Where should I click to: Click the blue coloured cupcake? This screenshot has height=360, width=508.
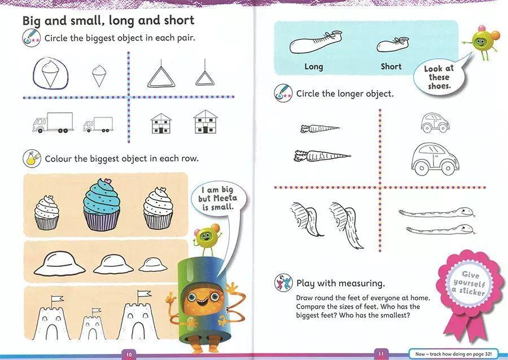(102, 204)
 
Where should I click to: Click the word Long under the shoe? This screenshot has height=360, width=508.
(314, 67)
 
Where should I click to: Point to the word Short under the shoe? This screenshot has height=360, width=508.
(391, 67)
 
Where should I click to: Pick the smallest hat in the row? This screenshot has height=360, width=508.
(153, 265)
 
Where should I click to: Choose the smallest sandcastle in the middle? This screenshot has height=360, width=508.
(93, 324)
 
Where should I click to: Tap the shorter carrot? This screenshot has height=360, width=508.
(319, 129)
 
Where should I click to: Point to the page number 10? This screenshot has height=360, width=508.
(129, 354)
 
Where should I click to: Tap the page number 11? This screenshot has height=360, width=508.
(381, 354)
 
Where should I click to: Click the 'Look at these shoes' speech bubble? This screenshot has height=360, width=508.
(440, 76)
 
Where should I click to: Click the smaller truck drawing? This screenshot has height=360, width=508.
(98, 125)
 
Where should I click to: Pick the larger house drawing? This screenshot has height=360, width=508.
(205, 122)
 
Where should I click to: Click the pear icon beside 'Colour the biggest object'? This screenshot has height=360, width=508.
(32, 159)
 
